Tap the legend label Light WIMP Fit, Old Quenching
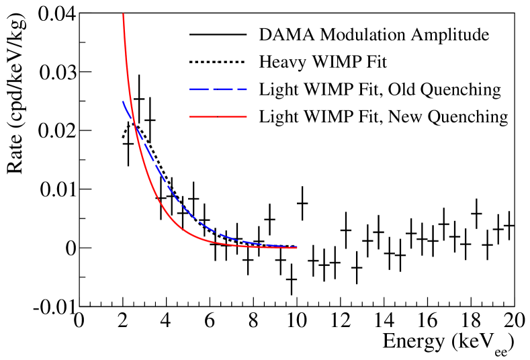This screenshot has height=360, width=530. [x=380, y=89]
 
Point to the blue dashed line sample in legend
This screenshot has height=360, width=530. [x=214, y=89]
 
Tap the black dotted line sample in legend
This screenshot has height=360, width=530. [x=214, y=62]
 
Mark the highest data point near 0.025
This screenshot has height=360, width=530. [x=139, y=99]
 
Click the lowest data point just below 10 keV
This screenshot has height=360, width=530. [x=292, y=279]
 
